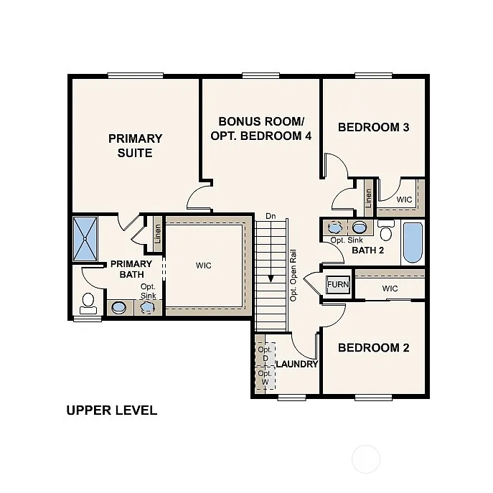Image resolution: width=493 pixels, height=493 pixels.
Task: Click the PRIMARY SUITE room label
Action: (x=135, y=146)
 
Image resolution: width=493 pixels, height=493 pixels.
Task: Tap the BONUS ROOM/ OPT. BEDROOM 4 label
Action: (x=260, y=128)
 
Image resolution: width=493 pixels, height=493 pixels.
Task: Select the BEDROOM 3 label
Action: (x=373, y=128)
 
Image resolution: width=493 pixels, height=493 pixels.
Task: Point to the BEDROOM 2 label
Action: (x=373, y=348)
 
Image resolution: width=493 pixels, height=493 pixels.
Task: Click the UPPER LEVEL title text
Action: (x=111, y=410)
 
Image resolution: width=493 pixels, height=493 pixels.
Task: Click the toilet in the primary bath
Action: (x=89, y=303)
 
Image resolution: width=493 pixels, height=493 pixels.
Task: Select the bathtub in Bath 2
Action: (x=413, y=243)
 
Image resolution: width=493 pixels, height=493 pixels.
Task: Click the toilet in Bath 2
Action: (x=386, y=230)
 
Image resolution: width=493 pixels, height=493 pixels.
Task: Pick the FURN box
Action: (x=338, y=284)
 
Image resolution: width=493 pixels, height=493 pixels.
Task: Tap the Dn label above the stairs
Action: (x=271, y=215)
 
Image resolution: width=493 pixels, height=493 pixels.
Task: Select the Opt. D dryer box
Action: (x=264, y=354)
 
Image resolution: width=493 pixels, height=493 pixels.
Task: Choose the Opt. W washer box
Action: (x=264, y=377)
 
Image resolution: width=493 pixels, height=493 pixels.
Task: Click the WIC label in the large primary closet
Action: (x=204, y=266)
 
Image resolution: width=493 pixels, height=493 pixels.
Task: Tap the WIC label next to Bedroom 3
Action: (x=404, y=199)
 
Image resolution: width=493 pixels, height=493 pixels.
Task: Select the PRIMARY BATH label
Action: (x=131, y=269)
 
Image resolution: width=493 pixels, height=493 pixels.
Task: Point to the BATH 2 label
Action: (x=368, y=250)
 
